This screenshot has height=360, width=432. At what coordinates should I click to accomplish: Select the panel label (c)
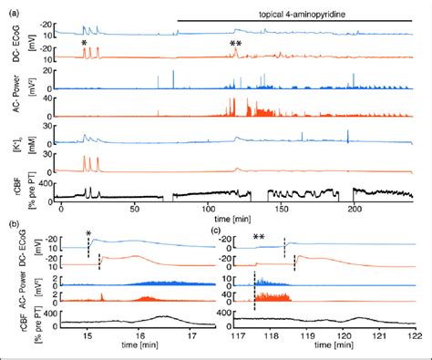pos(216,230)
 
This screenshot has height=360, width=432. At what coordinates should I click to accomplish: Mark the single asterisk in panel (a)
pos(84,44)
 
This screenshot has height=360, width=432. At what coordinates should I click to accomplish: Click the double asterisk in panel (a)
pos(235,44)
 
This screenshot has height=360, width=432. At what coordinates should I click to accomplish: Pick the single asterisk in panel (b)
pos(88,234)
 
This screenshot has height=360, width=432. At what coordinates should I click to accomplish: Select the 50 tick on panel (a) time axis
pos(135,209)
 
